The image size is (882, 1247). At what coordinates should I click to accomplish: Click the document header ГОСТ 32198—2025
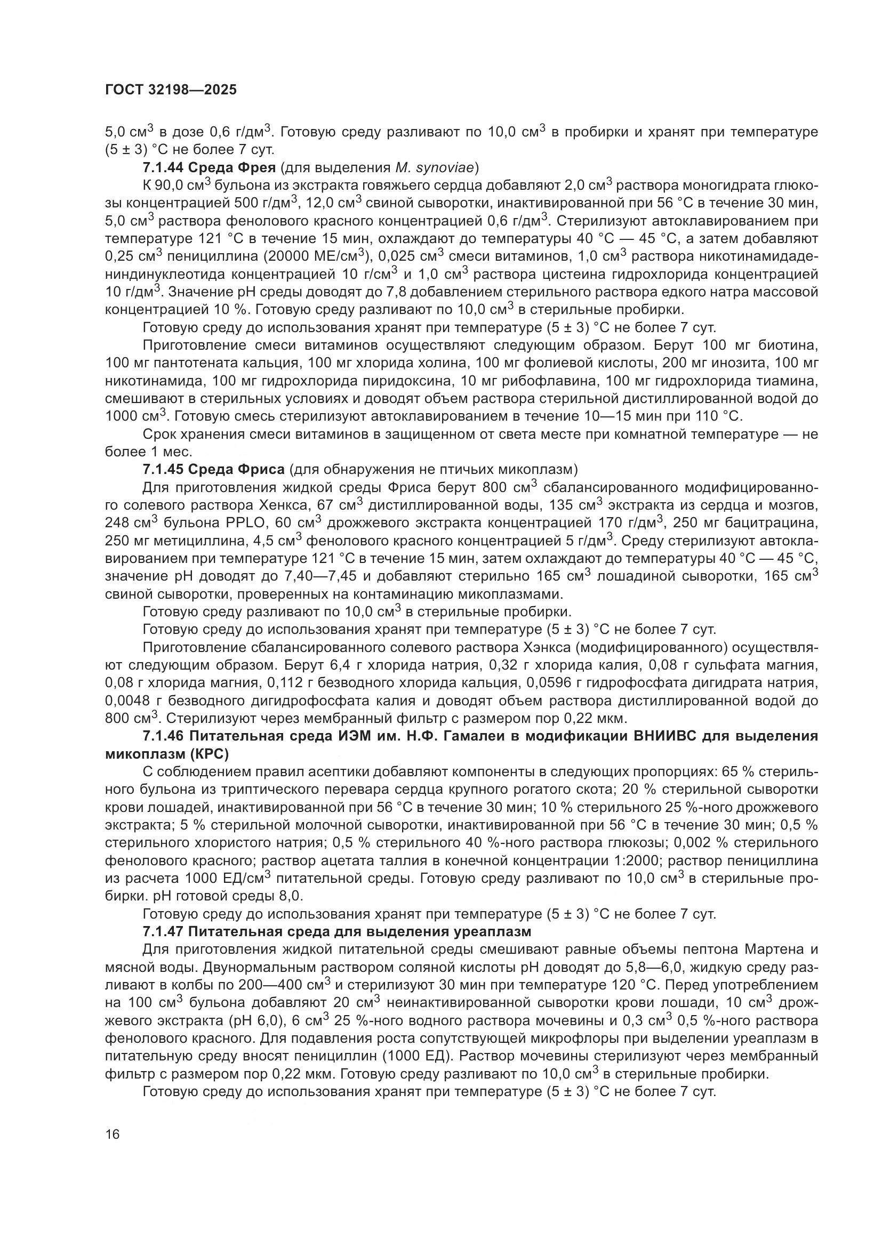(x=171, y=90)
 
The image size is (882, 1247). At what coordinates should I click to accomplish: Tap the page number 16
(x=113, y=1134)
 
